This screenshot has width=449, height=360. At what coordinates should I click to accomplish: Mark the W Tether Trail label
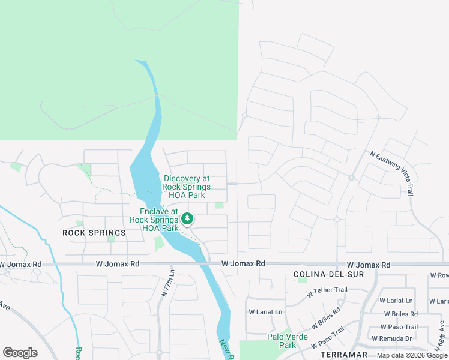point(327,290)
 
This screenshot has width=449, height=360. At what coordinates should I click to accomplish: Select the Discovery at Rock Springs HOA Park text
point(186,187)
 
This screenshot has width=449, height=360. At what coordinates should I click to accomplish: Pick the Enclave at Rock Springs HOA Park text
point(158,220)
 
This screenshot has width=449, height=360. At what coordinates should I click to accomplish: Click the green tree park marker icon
point(187,219)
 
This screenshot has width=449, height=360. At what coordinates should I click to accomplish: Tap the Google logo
point(20,353)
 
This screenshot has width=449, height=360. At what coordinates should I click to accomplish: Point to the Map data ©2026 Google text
point(412,355)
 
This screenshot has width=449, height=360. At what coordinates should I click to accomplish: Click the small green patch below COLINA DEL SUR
point(303,280)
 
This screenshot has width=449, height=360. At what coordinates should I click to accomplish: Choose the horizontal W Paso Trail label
point(399,327)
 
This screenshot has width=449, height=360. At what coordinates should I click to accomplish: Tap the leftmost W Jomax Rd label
point(21,264)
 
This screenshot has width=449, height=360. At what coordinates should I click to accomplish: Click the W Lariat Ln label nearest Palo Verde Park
point(265,312)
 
